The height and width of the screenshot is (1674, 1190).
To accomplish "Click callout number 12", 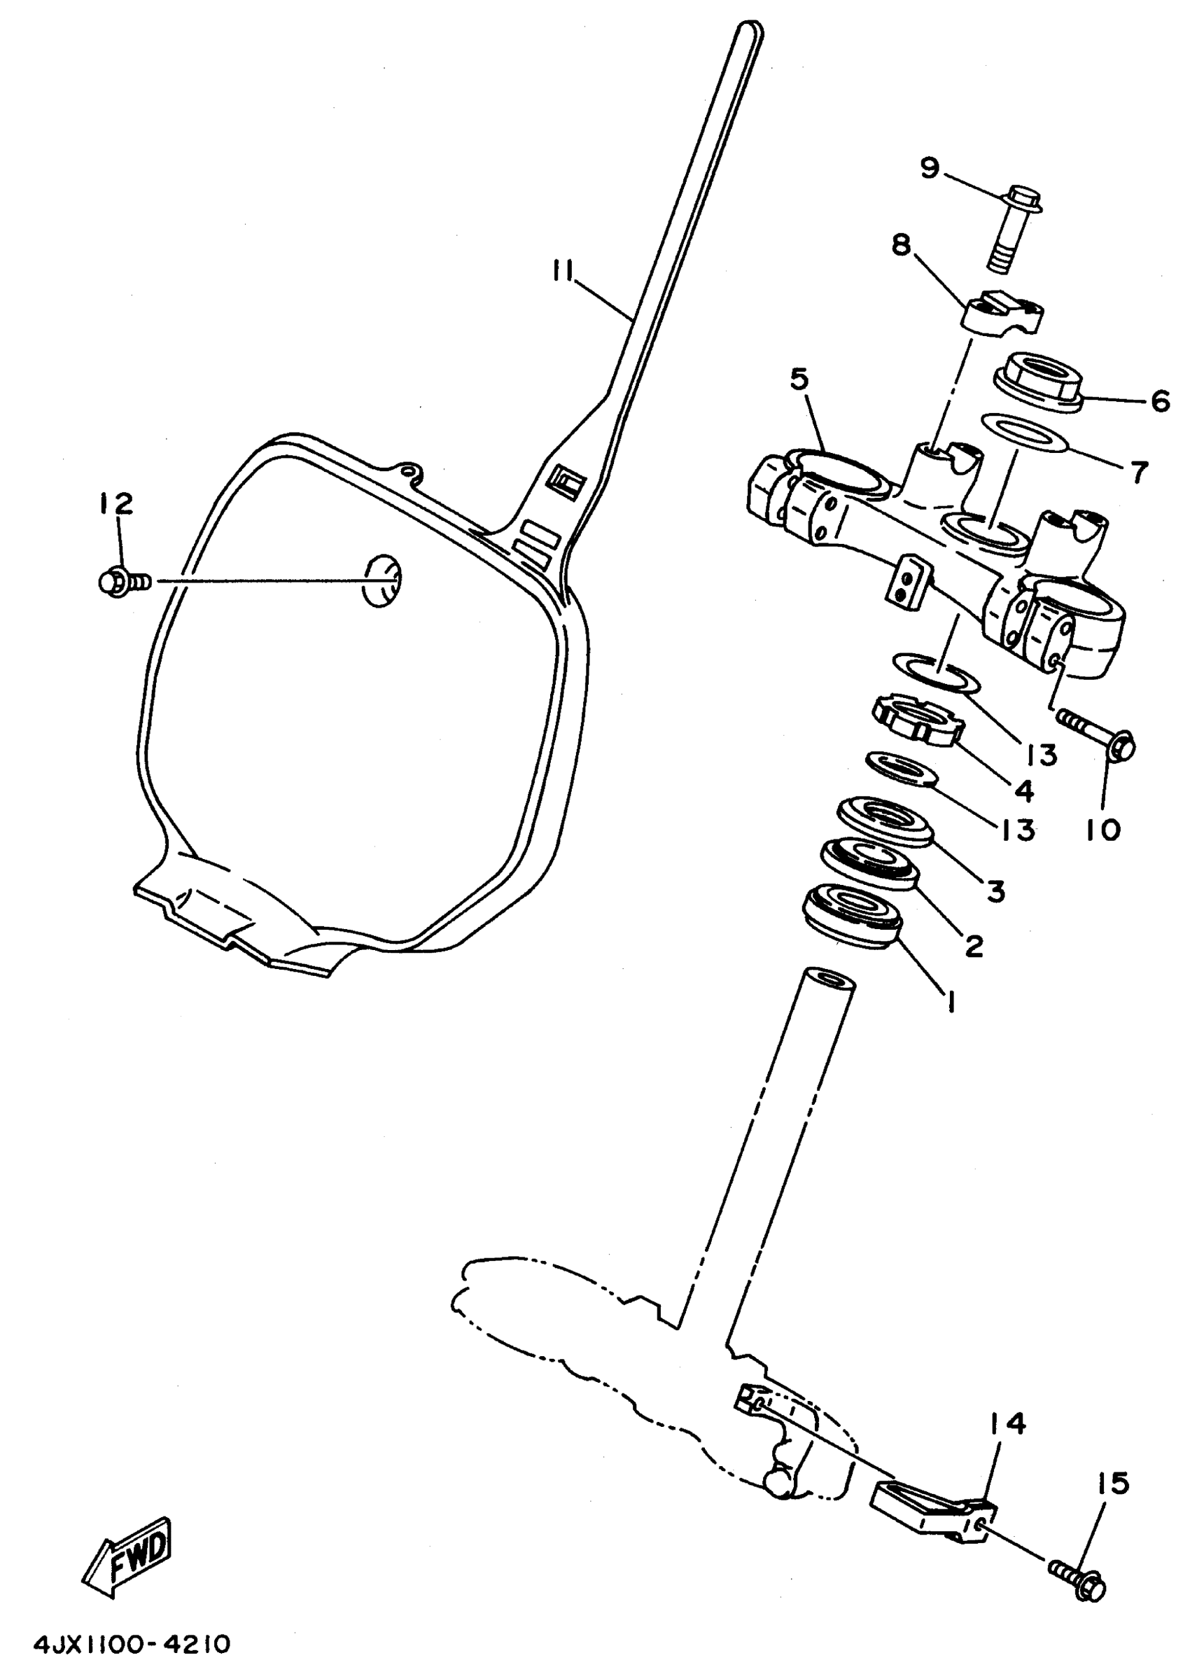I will (116, 503).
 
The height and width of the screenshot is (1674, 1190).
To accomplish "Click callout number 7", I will (1139, 473).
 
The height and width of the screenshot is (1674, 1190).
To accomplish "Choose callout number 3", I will (995, 891).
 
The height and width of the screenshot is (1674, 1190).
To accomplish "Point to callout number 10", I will (1103, 830).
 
